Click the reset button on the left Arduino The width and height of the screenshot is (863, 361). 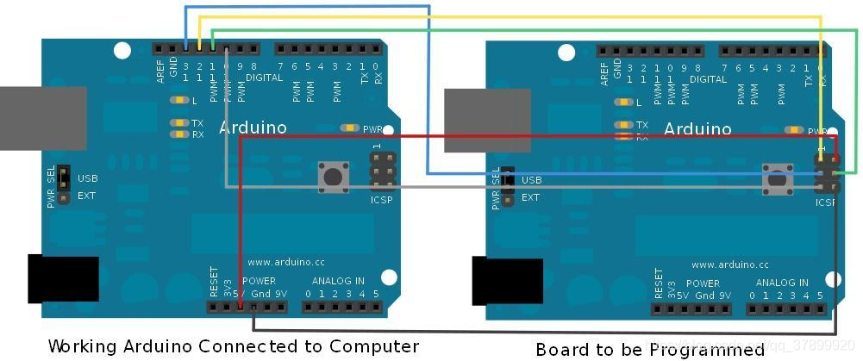[x=332, y=177]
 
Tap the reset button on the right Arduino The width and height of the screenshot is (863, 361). [x=777, y=179]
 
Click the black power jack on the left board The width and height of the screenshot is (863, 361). [x=63, y=278]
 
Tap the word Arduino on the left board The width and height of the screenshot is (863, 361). [x=253, y=128]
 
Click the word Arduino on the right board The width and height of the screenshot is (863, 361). [x=697, y=129]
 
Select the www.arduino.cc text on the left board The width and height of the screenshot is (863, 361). [x=285, y=262]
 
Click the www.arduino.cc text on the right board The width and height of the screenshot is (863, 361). [x=729, y=265]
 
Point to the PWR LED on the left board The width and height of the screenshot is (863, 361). [x=350, y=128]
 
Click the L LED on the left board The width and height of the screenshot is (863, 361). [x=178, y=101]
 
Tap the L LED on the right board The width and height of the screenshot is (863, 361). [x=622, y=103]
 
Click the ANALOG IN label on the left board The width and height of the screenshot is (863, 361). [x=338, y=281]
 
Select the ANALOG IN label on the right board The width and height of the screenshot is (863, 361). [x=782, y=283]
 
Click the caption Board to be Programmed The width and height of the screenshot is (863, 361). [x=650, y=349]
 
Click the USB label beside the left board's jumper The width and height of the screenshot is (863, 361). [x=87, y=178]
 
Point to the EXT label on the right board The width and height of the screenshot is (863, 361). [x=530, y=197]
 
